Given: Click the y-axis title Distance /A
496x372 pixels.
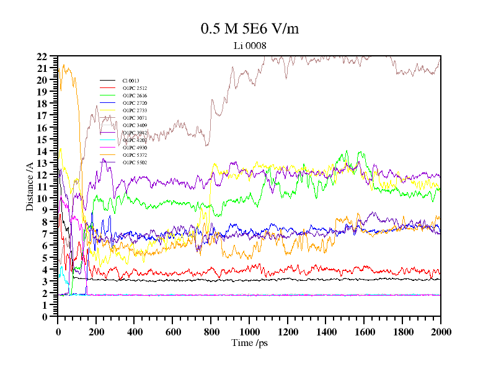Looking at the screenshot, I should pos(30,186).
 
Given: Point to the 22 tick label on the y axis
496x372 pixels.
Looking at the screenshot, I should pos(42,56).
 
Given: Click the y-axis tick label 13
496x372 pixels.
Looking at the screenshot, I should pos(42,163).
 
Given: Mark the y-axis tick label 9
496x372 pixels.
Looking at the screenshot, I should pos(44,210).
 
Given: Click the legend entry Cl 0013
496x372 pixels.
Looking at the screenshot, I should pos(130,81).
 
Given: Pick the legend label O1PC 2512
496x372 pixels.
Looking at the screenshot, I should pos(134,88).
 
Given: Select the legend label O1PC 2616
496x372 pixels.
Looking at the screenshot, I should pos(134,95).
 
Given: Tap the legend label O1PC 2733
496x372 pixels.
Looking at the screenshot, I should pos(134,110).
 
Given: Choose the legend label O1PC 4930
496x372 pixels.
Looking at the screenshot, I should pos(134,148).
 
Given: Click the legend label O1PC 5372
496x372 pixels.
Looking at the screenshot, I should pos(134,155).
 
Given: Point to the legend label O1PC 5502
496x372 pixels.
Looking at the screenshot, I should pos(134,162).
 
